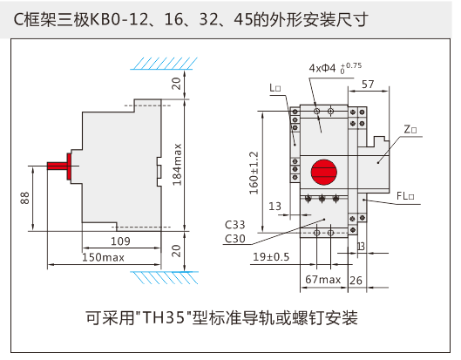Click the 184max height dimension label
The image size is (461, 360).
[x=177, y=165]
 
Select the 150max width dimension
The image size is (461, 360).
[x=103, y=257]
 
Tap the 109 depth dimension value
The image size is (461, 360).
[x=120, y=241]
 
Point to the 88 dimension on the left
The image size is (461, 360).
[x=25, y=198]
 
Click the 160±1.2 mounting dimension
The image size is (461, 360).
[x=254, y=173]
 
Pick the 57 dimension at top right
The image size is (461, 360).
[x=368, y=85]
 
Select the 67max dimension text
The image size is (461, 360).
[x=323, y=279]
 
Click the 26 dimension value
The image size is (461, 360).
[x=356, y=281]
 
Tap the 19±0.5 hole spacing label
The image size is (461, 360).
[x=271, y=257]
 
